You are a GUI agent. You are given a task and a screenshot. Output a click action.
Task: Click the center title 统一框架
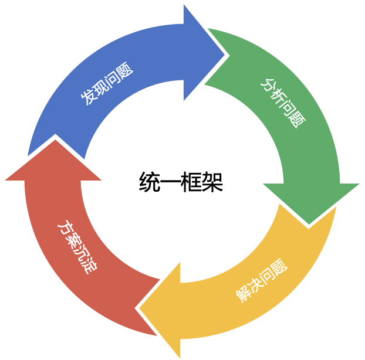point(181,182)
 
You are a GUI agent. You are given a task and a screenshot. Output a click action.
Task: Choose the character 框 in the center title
point(192,182)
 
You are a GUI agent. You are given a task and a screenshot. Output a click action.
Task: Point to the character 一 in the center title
point(171,182)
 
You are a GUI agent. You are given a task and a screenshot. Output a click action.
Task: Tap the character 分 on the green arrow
point(268,85)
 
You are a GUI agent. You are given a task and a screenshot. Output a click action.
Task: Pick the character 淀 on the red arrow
point(90,268)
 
